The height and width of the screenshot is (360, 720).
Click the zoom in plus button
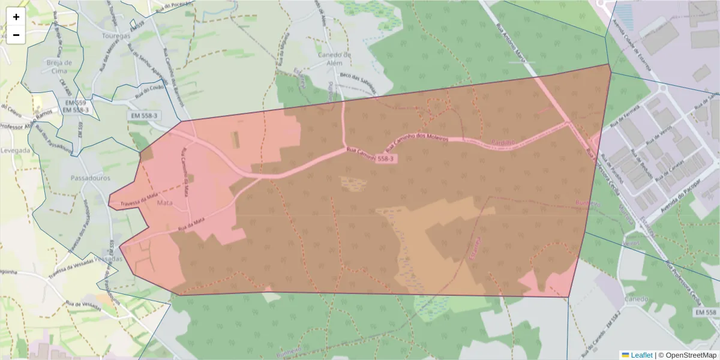[16, 17]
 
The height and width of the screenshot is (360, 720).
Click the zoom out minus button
[16, 35]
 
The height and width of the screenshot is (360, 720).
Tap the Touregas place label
[116, 36]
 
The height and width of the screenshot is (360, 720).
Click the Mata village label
[164, 203]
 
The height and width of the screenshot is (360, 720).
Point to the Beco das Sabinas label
[357, 82]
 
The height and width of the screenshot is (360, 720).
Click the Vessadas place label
[109, 259]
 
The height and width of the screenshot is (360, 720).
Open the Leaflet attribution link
[641, 355]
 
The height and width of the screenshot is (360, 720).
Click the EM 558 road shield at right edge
[706, 313]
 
